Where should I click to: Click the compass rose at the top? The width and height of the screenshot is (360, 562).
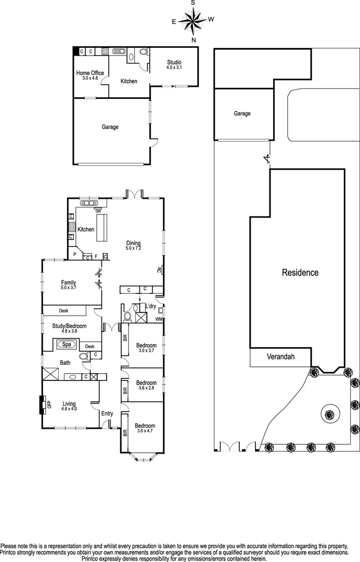(194, 21)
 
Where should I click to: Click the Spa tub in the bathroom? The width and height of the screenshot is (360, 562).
(66, 344)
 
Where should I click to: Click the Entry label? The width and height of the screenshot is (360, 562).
(107, 414)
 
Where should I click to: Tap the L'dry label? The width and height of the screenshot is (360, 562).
(151, 306)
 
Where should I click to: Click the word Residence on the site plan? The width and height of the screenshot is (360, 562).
(300, 272)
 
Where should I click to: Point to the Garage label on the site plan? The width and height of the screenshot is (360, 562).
(242, 113)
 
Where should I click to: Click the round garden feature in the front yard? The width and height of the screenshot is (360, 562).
(329, 414)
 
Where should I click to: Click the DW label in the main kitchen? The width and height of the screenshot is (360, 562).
(98, 211)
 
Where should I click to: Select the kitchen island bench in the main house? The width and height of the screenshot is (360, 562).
(101, 227)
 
